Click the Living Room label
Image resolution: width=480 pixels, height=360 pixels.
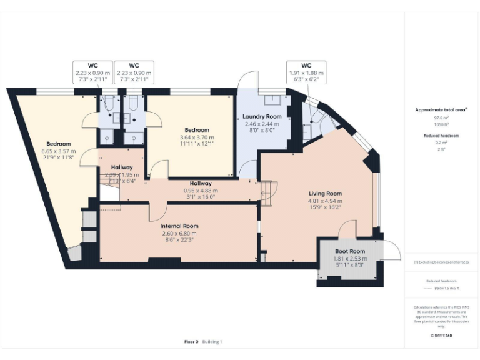[325, 194]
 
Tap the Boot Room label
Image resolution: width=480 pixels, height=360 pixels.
[349, 251]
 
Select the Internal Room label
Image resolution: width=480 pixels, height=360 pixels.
[179, 226]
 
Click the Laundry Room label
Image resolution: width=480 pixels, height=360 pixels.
[262, 116]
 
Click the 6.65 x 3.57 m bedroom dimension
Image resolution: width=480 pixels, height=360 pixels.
[58, 151]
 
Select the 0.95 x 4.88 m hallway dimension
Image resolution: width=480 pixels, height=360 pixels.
[201, 191]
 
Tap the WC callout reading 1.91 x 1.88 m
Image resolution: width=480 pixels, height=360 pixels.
[306, 72]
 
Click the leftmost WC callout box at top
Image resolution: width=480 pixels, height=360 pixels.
[92, 72]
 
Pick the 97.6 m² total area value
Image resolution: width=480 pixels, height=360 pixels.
[441, 117]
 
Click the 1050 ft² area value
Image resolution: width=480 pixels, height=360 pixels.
[441, 124]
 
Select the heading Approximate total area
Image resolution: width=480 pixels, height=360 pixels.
[441, 109]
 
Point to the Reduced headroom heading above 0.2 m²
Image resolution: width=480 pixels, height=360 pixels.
[442, 136]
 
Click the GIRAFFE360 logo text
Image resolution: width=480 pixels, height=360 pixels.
[442, 336]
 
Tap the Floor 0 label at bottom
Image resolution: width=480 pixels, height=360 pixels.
[191, 342]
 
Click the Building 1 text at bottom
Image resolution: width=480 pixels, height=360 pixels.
[211, 342]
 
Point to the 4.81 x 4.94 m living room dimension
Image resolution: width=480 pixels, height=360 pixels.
[325, 201]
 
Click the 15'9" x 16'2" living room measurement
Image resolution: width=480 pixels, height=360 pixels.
[325, 208]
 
